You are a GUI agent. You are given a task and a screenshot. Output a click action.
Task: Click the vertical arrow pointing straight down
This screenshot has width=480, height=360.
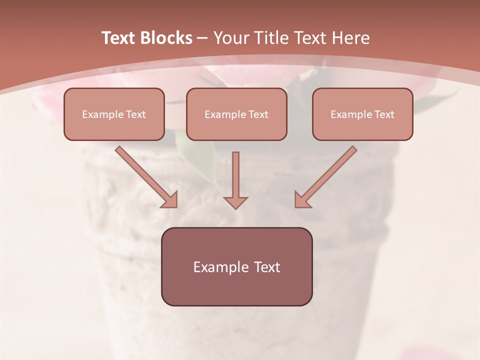pyautogui.click(x=235, y=175)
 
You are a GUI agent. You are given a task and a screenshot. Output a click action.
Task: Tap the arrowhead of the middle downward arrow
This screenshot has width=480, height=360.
pyautogui.click(x=235, y=202)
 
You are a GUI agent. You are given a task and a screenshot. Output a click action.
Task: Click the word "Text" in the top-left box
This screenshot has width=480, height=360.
pyautogui.click(x=136, y=114)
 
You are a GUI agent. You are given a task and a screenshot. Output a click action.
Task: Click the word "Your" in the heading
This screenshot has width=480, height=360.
pyautogui.click(x=231, y=38)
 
